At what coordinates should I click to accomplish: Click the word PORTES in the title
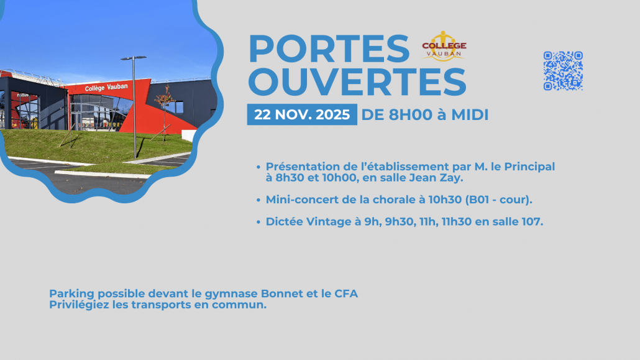[329, 48]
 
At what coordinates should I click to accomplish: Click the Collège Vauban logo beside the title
[444, 46]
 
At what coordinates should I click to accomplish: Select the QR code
[563, 71]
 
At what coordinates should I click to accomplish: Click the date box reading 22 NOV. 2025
[302, 114]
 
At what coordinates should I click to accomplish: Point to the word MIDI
[470, 115]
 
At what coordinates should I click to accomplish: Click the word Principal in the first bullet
[529, 167]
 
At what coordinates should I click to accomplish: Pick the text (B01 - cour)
[498, 200]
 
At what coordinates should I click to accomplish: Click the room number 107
[532, 221]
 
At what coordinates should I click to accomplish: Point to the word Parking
[72, 294]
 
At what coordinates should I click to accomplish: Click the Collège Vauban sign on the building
[106, 88]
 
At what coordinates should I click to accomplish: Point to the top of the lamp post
[134, 58]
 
